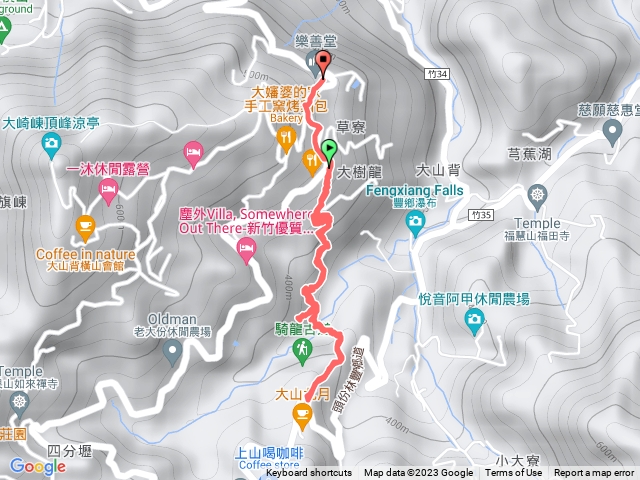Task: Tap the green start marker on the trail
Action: click(330, 152)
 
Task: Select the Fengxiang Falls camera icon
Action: click(415, 226)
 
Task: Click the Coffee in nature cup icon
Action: click(85, 226)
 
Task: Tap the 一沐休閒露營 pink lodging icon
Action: click(193, 152)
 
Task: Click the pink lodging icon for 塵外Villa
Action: click(246, 258)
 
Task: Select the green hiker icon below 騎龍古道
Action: click(302, 349)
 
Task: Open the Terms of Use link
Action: click(514, 473)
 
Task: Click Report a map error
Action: click(594, 473)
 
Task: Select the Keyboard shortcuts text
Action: click(308, 473)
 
